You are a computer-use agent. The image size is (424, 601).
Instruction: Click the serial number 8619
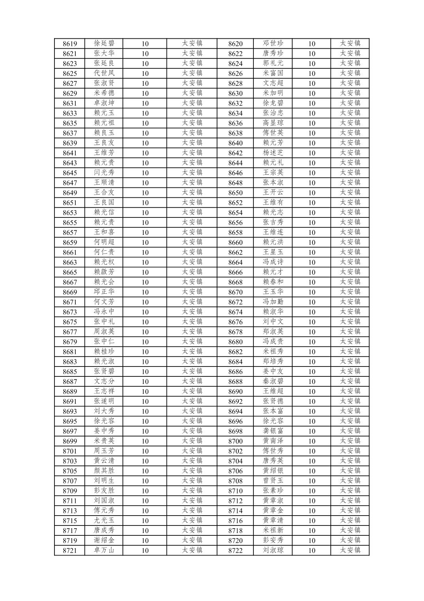tap(69, 44)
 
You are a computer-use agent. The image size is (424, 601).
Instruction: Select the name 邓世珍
tap(273, 43)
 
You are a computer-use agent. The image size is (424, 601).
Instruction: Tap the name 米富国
tap(273, 73)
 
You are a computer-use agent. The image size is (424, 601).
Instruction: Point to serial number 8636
tap(235, 123)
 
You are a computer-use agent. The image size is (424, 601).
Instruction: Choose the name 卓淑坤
tap(104, 103)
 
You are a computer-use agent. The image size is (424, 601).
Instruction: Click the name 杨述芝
tap(273, 153)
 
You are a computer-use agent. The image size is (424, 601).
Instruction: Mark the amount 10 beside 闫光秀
tap(145, 173)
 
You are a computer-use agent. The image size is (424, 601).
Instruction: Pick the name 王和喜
tap(104, 232)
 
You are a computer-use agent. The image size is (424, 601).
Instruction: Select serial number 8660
tap(235, 242)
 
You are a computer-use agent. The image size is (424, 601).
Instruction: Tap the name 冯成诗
tap(273, 262)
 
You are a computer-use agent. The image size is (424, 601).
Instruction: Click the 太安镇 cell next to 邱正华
tap(192, 292)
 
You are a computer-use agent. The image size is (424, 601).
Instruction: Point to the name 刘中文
tap(273, 322)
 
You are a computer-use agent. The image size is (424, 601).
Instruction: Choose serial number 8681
tap(69, 352)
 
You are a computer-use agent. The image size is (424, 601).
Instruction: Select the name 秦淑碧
tap(273, 382)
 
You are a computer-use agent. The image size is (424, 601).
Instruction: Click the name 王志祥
tap(104, 391)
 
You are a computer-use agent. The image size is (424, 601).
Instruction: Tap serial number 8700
tap(235, 441)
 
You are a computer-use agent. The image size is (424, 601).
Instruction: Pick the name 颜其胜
tap(104, 471)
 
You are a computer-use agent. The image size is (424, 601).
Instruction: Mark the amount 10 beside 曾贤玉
tap(311, 481)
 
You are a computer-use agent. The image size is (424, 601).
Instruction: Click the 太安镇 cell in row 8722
tap(350, 550)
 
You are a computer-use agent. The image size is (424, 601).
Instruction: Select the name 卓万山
tap(104, 550)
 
